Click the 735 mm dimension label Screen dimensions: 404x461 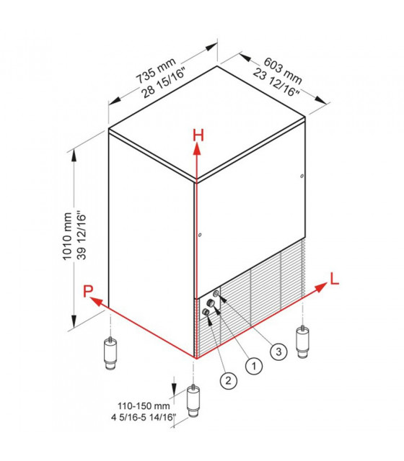156,71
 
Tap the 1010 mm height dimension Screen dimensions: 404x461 67,236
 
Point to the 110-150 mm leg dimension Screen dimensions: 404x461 144,406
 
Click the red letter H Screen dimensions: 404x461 198,136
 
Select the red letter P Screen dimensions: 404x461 88,291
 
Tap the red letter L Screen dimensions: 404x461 335,279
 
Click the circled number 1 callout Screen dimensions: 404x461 253,366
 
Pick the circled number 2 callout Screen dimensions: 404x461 228,381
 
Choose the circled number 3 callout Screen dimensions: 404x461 278,351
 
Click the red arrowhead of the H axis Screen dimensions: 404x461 197,150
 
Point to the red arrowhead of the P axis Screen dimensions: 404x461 96,301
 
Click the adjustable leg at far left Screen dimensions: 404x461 110,353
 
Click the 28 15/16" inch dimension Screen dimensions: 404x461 164,83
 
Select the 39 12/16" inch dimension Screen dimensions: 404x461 82,236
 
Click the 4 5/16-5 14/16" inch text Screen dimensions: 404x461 144,417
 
